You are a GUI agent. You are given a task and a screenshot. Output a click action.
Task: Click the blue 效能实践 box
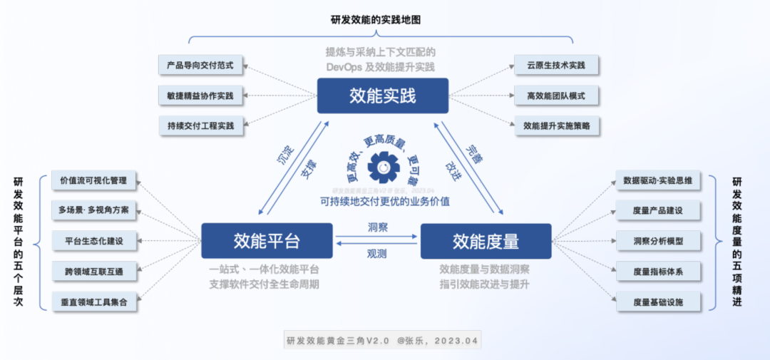pyautogui.click(x=383, y=96)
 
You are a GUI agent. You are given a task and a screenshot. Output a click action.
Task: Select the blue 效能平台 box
pyautogui.click(x=267, y=241)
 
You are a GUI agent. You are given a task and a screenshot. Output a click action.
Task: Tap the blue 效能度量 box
pyautogui.click(x=486, y=241)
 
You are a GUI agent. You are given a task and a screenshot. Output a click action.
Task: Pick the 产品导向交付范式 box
pyautogui.click(x=200, y=65)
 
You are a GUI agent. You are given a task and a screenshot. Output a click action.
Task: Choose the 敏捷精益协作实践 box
pyautogui.click(x=200, y=95)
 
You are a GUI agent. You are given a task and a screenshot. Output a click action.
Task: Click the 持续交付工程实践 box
pyautogui.click(x=200, y=125)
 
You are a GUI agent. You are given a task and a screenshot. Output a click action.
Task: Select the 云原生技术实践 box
pyautogui.click(x=557, y=65)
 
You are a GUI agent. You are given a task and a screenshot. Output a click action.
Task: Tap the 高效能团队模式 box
pyautogui.click(x=557, y=95)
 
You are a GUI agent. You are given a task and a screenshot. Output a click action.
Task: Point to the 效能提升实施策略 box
pyautogui.click(x=557, y=125)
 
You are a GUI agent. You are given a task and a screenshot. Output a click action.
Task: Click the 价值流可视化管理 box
pyautogui.click(x=94, y=180)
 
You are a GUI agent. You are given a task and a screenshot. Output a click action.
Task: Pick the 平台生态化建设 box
pyautogui.click(x=94, y=241)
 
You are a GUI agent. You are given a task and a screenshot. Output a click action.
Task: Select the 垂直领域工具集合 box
pyautogui.click(x=94, y=302)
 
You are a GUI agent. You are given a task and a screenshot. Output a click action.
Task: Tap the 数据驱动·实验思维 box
pyautogui.click(x=657, y=180)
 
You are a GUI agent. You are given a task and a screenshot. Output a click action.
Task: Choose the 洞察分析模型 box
pyautogui.click(x=657, y=241)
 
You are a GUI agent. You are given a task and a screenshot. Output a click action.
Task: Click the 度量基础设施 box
pyautogui.click(x=657, y=302)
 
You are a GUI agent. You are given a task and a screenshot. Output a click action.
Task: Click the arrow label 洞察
pyautogui.click(x=377, y=227)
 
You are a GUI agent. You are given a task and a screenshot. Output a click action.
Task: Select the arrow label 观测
pyautogui.click(x=377, y=253)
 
